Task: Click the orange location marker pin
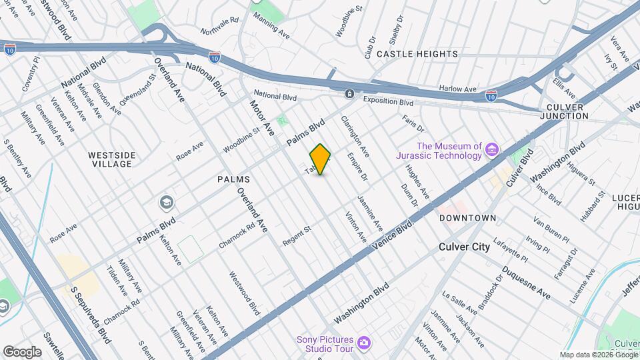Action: point(321,159)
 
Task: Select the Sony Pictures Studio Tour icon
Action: point(363,343)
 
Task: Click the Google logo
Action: point(22,351)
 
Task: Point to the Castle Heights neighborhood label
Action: point(417,53)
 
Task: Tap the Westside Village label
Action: point(112,159)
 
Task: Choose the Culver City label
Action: point(464,247)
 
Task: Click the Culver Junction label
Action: point(567,111)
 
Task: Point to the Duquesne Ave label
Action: point(527,283)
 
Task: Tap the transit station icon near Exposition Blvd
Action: point(349,94)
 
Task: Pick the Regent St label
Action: point(297,236)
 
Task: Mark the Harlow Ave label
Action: point(457,89)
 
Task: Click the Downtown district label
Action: point(467,218)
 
